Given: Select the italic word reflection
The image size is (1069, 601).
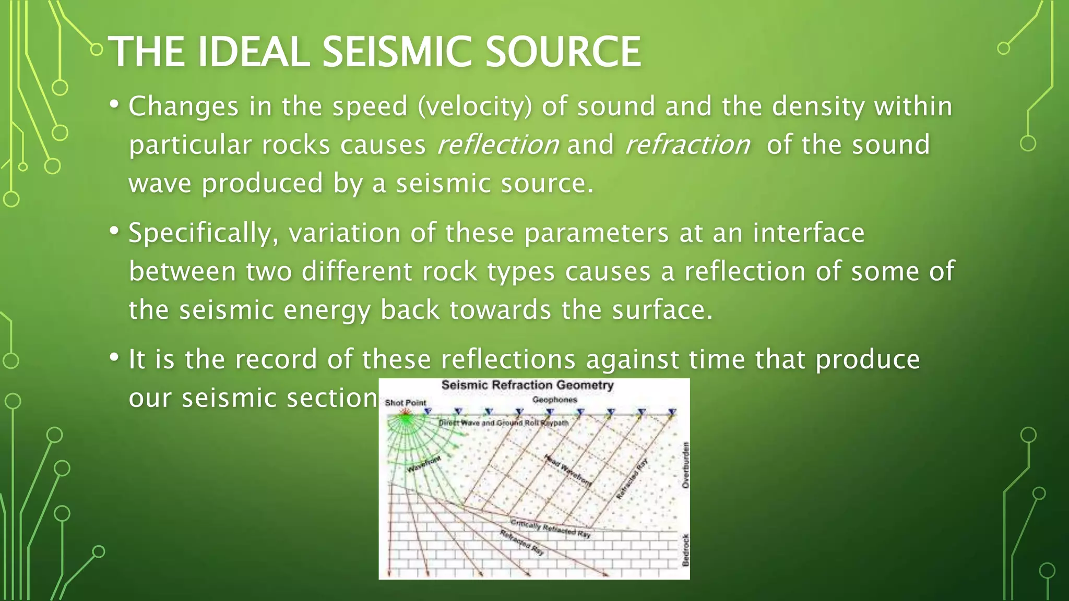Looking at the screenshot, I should click(x=498, y=145).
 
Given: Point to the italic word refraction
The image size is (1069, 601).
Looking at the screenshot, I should click(x=687, y=145).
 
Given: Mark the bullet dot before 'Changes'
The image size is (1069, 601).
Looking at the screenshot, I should click(x=114, y=104).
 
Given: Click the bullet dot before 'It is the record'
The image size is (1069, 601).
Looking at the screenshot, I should click(x=114, y=357).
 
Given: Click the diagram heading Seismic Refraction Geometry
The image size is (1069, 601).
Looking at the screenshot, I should click(x=527, y=386).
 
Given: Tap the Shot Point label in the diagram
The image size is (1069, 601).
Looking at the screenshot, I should click(x=405, y=403).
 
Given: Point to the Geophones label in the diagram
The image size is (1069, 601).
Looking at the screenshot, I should click(x=554, y=400).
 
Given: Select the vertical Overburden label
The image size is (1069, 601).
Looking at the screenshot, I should click(x=685, y=465).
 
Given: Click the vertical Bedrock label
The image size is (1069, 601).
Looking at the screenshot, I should click(x=685, y=550).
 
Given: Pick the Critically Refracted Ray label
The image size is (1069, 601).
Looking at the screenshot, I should click(x=550, y=528).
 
